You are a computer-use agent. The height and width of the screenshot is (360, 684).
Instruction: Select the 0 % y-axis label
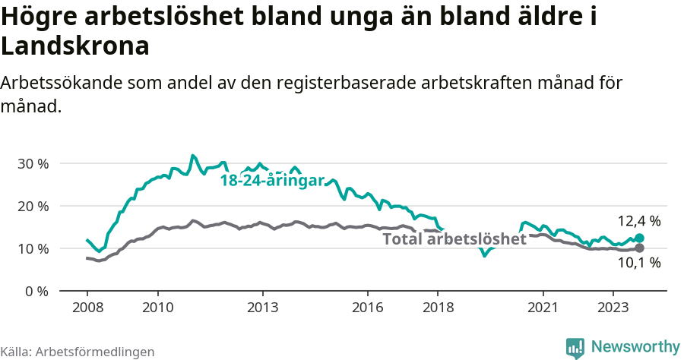tap(36, 291)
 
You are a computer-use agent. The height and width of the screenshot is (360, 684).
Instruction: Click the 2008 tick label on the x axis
tap(87, 308)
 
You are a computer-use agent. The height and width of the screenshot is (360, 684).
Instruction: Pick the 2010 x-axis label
tap(157, 308)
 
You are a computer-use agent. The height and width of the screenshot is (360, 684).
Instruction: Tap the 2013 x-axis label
tap(263, 308)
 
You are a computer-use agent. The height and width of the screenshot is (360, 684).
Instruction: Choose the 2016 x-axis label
tap(368, 308)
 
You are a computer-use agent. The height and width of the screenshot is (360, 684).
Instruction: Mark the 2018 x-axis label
tap(438, 308)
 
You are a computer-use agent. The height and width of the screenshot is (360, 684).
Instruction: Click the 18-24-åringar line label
tap(272, 181)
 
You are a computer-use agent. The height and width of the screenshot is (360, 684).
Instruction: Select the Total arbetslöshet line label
tap(454, 239)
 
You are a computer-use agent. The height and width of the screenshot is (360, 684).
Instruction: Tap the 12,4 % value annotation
tap(638, 221)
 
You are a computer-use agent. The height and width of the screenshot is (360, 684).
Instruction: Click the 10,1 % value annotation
tap(638, 263)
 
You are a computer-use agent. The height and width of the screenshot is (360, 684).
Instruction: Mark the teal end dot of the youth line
tap(639, 238)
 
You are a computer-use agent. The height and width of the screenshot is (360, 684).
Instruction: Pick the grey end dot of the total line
tap(639, 248)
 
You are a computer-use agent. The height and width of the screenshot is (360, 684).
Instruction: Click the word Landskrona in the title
tap(74, 46)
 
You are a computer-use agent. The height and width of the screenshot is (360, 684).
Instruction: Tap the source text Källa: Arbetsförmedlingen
tap(78, 352)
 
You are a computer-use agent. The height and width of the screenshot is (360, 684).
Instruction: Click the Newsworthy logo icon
tap(575, 347)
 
